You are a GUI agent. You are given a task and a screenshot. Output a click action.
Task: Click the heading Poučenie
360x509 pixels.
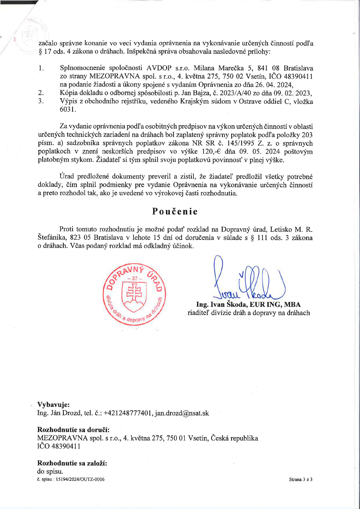[175, 212]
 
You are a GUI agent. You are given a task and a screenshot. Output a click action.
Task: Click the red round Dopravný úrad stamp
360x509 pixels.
[134, 294]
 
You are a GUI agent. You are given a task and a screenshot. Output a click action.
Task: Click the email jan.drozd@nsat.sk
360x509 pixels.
[182, 413]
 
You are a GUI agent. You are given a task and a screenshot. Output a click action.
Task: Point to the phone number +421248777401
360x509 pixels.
[128, 413]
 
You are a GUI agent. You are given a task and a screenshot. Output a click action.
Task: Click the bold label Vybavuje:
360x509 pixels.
[53, 405]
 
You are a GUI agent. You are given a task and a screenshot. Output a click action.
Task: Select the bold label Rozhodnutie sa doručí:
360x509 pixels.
[73, 430]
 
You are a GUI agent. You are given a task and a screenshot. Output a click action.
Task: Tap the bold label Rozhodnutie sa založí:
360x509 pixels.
[72, 463]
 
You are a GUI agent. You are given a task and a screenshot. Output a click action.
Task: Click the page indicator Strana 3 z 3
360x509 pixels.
[300, 480]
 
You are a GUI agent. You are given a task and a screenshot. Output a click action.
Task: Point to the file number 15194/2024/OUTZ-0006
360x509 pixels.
[80, 480]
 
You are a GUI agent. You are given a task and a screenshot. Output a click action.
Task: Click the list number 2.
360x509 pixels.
[41, 93]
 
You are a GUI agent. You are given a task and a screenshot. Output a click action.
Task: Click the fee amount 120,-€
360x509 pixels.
[210, 151]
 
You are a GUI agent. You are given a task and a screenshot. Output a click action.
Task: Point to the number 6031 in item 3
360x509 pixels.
[67, 110]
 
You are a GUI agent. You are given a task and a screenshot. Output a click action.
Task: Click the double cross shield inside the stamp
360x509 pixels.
[134, 292]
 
